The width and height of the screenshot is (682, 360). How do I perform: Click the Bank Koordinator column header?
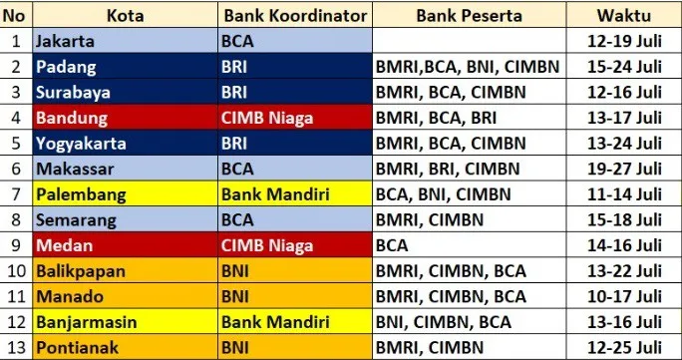295,16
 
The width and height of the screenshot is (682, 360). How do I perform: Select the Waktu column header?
624,16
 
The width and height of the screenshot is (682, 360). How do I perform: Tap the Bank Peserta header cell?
470,16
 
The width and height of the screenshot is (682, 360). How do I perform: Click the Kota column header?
126,16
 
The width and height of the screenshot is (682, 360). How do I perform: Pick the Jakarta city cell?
126,41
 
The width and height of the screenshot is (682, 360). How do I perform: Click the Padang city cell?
126,67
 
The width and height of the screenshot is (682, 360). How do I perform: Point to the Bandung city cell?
126,118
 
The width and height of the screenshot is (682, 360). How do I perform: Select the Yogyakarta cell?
126,143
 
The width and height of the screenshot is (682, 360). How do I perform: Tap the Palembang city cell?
126,194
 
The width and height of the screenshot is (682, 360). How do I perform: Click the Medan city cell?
126,245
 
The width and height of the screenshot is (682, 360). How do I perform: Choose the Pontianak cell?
126,347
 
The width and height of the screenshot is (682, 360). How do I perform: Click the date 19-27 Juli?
624,169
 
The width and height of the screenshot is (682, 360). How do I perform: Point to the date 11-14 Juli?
624,194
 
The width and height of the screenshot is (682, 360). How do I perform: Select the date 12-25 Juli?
624,347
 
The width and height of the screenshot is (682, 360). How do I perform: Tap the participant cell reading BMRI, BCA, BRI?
470,118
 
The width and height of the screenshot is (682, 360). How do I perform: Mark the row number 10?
17,271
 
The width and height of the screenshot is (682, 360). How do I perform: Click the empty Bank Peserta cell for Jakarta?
470,41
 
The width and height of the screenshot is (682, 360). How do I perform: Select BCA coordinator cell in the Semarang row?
295,219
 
